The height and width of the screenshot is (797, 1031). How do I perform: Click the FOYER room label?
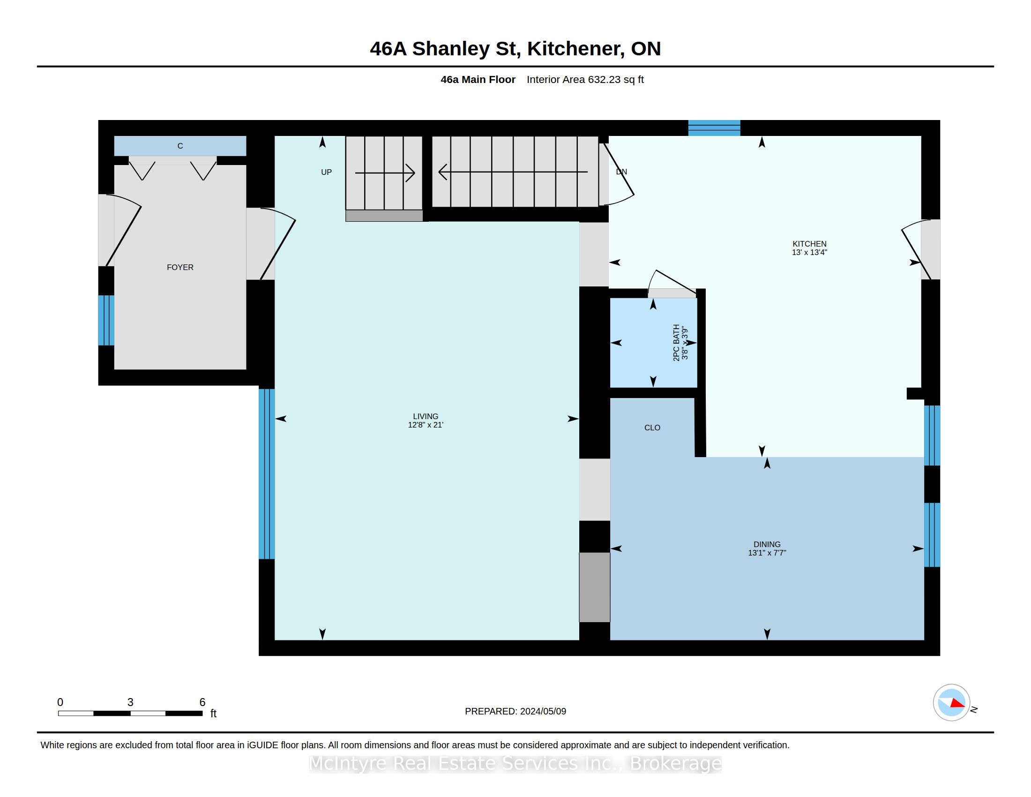click(180, 267)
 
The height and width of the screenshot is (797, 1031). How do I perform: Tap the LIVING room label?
click(426, 416)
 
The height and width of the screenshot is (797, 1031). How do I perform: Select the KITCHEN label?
click(809, 244)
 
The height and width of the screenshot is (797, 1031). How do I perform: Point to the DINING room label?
click(767, 544)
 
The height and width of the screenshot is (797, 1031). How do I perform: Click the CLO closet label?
click(652, 428)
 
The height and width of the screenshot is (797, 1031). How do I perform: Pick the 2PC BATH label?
click(676, 343)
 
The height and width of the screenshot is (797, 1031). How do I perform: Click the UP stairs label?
click(326, 173)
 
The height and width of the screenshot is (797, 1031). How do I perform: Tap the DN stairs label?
click(621, 172)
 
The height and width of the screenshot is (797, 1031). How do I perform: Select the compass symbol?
click(951, 703)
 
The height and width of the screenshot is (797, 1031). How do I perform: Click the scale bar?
click(130, 714)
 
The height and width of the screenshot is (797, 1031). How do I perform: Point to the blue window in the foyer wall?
click(106, 321)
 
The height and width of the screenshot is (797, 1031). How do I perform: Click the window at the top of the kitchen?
click(714, 128)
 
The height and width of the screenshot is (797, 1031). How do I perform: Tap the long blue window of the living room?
click(267, 474)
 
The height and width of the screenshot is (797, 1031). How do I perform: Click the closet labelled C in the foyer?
click(180, 146)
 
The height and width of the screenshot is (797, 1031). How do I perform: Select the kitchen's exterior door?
click(920, 249)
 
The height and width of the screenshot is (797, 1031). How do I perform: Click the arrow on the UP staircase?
click(385, 173)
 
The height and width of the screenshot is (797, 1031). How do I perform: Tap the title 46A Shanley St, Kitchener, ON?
click(515, 49)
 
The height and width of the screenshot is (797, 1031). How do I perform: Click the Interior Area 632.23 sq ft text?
click(585, 80)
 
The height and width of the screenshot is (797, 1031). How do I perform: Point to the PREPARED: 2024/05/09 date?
click(515, 712)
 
